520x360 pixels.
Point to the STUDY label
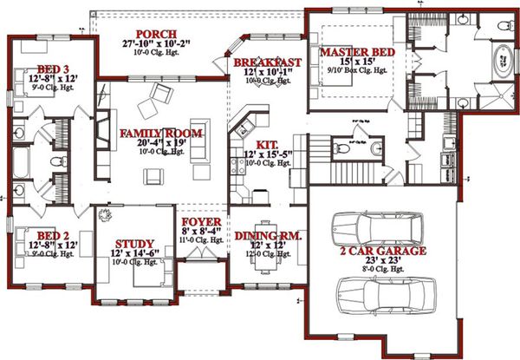[134, 244]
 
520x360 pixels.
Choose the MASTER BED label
[357, 54]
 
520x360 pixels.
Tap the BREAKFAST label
[267, 62]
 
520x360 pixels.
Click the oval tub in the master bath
[504, 62]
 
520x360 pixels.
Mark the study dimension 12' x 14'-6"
[134, 253]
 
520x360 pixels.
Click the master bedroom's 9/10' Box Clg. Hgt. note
[357, 74]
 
